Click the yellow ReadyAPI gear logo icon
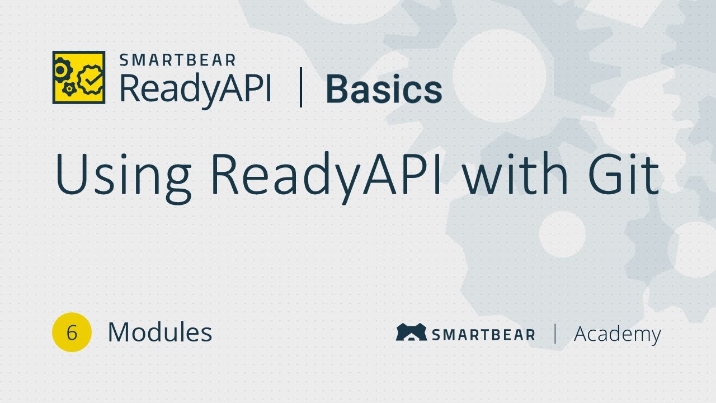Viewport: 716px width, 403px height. tap(79, 77)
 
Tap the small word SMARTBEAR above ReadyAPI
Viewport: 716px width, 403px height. tap(178, 60)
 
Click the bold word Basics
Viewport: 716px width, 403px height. tap(384, 90)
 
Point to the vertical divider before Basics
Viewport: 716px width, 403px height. tap(301, 87)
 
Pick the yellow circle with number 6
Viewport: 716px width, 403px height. tap(72, 332)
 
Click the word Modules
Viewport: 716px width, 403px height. tap(160, 332)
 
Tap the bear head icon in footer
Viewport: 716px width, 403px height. tap(411, 332)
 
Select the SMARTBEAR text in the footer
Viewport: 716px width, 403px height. tap(483, 335)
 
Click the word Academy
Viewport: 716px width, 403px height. tap(618, 334)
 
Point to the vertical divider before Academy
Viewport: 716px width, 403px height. tap(555, 334)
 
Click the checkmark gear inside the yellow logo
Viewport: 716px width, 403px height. tap(89, 79)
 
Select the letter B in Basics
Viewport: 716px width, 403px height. tap(336, 90)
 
